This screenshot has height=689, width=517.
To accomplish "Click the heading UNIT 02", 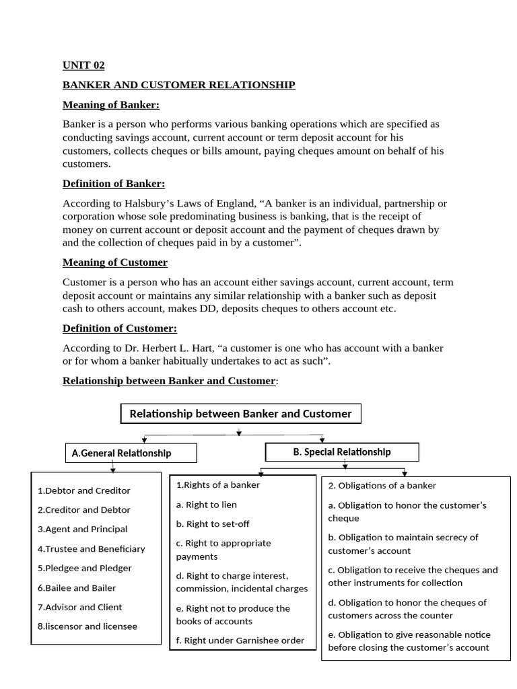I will pyautogui.click(x=83, y=65).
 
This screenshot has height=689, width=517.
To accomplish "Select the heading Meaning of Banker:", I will pyautogui.click(x=111, y=104).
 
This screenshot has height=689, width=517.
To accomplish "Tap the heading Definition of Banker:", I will pyautogui.click(x=113, y=184).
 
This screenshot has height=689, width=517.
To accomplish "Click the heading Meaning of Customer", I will pyautogui.click(x=115, y=262).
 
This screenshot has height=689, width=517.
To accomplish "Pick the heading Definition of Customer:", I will pyautogui.click(x=120, y=328).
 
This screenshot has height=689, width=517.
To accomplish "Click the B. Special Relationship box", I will pyautogui.click(x=342, y=452).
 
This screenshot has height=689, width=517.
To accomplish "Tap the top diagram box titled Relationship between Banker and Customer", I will pyautogui.click(x=240, y=414).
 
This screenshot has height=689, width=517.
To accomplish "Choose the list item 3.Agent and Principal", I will pyautogui.click(x=82, y=529).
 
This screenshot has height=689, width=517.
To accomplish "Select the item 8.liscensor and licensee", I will pyautogui.click(x=87, y=626).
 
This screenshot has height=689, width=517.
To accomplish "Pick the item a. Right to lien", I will pyautogui.click(x=207, y=505).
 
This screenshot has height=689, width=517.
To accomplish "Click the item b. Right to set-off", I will pyautogui.click(x=213, y=523).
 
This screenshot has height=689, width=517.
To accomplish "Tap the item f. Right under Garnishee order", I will pyautogui.click(x=240, y=641).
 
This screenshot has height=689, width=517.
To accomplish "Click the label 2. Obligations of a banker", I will pyautogui.click(x=382, y=485).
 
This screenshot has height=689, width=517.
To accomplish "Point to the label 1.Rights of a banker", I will pyautogui.click(x=218, y=484).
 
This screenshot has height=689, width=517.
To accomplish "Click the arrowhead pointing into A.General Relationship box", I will pyautogui.click(x=145, y=440).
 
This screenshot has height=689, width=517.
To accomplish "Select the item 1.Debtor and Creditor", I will pyautogui.click(x=84, y=491).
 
